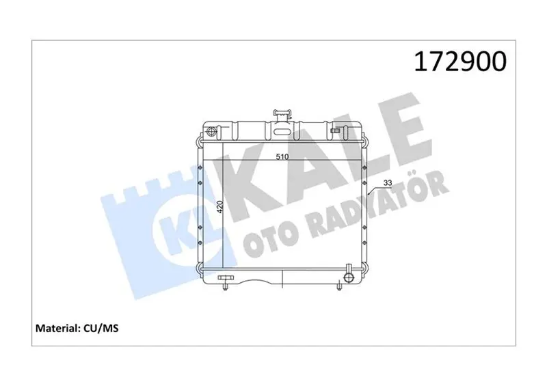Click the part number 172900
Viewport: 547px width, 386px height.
[x=460, y=61]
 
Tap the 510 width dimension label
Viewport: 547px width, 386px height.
[x=282, y=157]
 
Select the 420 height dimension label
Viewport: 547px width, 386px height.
[x=219, y=207]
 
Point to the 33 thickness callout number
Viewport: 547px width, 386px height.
[x=388, y=182]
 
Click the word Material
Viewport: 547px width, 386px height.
[x=58, y=328]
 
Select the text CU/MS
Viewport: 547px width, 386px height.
[x=101, y=328]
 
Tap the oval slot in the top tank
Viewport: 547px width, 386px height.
[x=282, y=132]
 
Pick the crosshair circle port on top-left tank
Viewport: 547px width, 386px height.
[x=212, y=132]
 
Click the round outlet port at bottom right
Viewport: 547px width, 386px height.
[x=349, y=277]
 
